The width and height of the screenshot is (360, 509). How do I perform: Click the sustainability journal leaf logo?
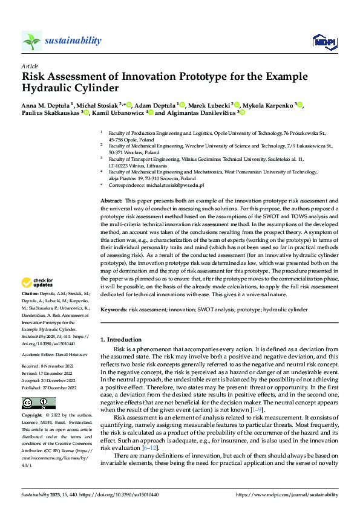click(x=32, y=41)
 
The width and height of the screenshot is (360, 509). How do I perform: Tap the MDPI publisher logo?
click(x=324, y=41)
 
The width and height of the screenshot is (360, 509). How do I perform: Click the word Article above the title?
click(x=30, y=66)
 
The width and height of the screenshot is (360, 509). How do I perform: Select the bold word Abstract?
click(x=112, y=200)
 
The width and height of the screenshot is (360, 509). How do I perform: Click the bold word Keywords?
click(x=114, y=309)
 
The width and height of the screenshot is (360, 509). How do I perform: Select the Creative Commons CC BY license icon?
click(x=39, y=403)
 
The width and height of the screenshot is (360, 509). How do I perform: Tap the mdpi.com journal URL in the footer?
click(x=287, y=495)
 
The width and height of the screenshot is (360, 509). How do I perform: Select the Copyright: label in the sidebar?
click(x=33, y=416)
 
